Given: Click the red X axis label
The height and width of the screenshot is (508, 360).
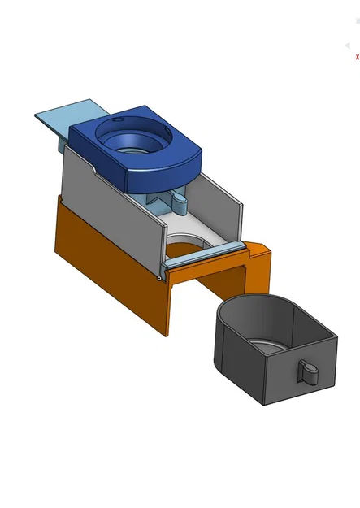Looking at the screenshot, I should tap(357, 57).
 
